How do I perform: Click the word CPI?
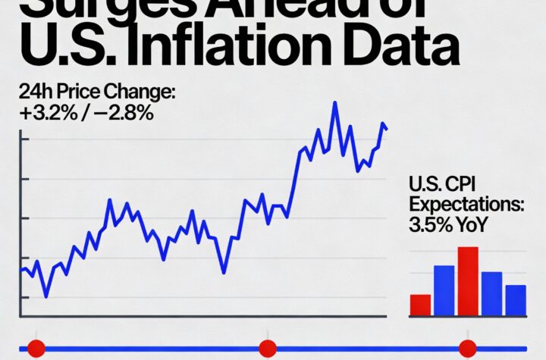[x=466, y=185]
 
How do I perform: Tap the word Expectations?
[x=466, y=205]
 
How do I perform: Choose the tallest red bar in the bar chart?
[x=468, y=281]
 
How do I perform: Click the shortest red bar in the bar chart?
[x=420, y=305]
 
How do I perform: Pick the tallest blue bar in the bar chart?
[x=444, y=290]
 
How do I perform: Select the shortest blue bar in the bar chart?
[x=516, y=300]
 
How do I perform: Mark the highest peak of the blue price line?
[x=334, y=102]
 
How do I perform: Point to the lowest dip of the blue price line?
[x=45, y=296]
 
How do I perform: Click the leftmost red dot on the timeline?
[x=36, y=349]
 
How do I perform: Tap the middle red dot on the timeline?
[x=267, y=349]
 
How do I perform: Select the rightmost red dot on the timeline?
[x=468, y=349]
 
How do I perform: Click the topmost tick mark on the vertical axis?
[x=23, y=139]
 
